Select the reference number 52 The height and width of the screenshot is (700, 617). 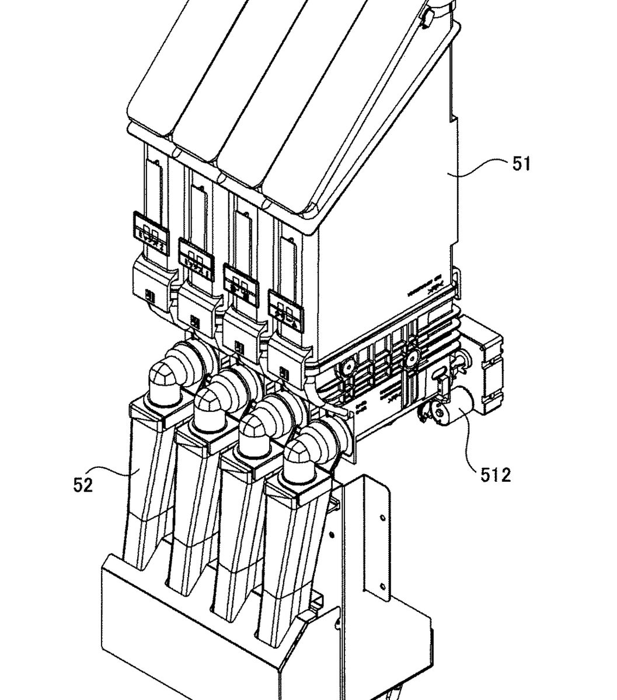coord(83,484)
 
